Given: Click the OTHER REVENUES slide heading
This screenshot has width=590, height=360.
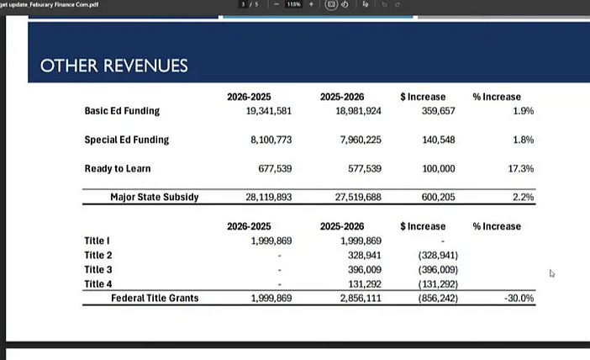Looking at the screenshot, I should (x=114, y=66).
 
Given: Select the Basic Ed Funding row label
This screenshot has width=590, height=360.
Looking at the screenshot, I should (x=122, y=111).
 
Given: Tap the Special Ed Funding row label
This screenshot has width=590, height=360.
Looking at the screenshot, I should (x=127, y=140).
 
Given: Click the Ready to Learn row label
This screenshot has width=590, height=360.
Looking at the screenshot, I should (x=118, y=169).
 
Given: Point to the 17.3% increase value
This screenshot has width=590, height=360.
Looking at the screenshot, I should (x=521, y=169).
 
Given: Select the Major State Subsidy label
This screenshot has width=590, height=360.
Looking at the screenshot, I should (x=155, y=198).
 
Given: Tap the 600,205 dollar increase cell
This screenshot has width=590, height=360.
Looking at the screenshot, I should (x=438, y=198).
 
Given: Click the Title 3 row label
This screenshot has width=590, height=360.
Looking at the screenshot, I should (x=98, y=270).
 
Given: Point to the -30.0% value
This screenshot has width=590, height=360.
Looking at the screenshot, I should (x=519, y=298).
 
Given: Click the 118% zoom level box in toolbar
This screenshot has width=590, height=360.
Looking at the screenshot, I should (x=293, y=4).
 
